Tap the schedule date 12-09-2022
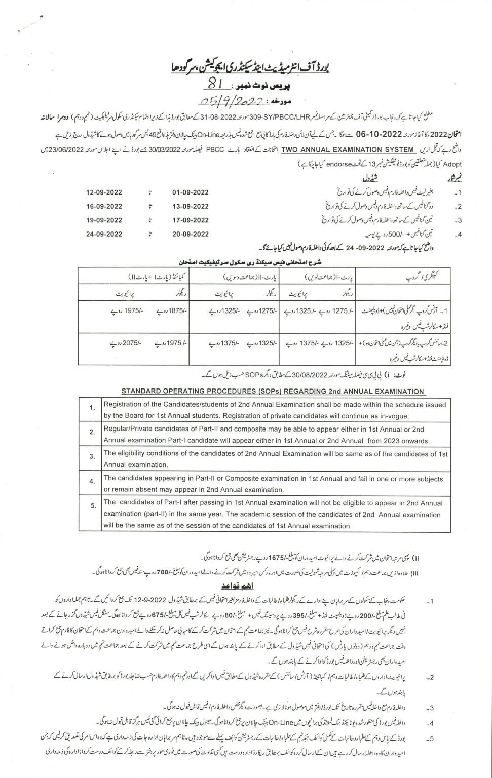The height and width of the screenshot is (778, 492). pyautogui.click(x=104, y=193)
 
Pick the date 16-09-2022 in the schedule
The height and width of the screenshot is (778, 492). pyautogui.click(x=104, y=207)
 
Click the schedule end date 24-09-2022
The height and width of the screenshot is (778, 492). pyautogui.click(x=104, y=234)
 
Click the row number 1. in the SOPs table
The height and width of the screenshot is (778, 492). pyautogui.click(x=92, y=408)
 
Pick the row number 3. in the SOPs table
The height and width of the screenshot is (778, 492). pyautogui.click(x=92, y=456)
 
